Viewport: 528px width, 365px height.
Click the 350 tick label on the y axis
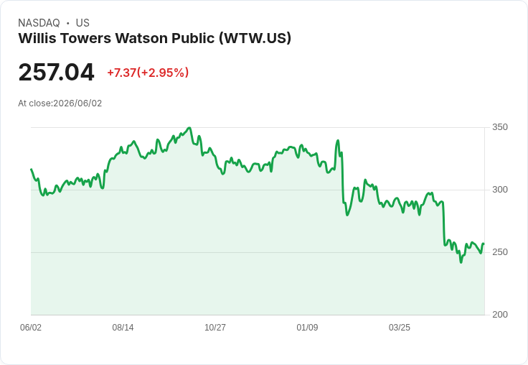(500, 127)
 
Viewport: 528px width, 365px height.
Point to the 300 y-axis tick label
(500, 190)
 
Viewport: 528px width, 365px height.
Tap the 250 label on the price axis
(500, 252)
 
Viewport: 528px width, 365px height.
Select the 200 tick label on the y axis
(500, 315)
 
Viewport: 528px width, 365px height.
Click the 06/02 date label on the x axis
(31, 327)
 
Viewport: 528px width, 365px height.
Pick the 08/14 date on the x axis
(123, 327)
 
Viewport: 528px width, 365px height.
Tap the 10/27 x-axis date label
(215, 327)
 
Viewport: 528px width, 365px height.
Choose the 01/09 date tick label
(307, 327)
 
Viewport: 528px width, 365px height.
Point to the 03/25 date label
(400, 327)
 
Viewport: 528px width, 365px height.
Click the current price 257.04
(56, 72)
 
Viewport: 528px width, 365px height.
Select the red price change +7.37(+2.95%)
(148, 73)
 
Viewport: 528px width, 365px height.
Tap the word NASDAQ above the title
(39, 23)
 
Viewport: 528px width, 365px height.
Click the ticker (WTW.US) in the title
(255, 38)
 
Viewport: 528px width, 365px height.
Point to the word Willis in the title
(37, 38)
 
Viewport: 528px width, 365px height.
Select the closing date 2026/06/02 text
(77, 103)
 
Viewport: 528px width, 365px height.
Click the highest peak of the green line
(189, 128)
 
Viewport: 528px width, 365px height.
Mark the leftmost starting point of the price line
(32, 170)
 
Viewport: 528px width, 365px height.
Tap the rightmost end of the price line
(484, 244)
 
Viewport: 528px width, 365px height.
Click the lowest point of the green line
(461, 262)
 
